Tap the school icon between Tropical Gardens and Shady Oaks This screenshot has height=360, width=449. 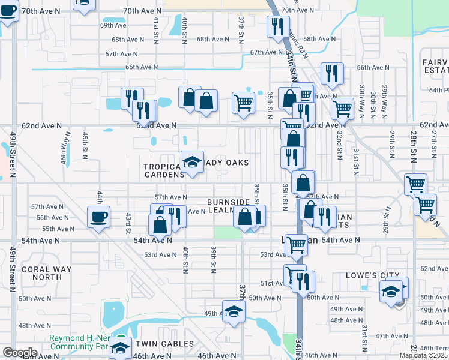192,162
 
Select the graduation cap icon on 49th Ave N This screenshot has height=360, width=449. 234,311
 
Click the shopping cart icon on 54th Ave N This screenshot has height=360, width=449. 295,244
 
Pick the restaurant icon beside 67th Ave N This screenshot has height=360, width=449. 277,26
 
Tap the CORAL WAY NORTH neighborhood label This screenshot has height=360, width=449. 46,273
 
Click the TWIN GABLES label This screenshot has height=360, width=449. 164,344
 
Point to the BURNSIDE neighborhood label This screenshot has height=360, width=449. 228,202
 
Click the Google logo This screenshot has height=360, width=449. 20,353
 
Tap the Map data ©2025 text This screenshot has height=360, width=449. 423,355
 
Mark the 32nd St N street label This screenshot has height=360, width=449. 339,144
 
